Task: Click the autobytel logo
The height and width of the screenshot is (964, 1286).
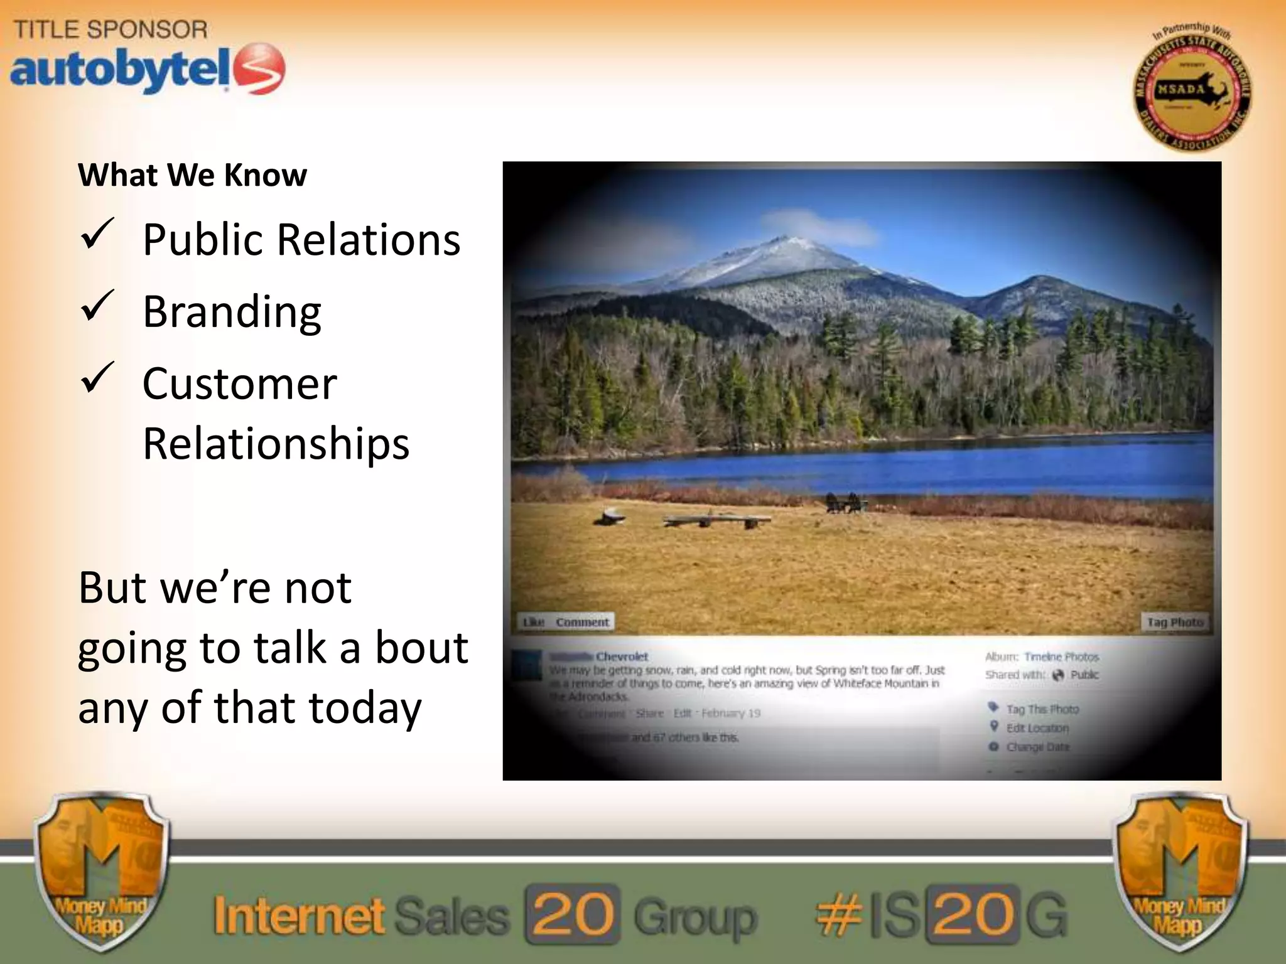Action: click(x=148, y=69)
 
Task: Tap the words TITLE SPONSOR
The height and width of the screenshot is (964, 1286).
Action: click(x=111, y=29)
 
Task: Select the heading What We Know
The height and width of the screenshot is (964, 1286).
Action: click(x=192, y=175)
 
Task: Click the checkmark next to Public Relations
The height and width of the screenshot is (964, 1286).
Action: click(x=97, y=235)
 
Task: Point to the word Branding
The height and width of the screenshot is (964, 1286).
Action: click(x=232, y=311)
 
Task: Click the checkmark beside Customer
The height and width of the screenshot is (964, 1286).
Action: click(x=97, y=378)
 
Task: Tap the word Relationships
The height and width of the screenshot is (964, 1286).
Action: click(x=276, y=444)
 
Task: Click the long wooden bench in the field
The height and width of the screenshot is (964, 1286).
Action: click(x=716, y=520)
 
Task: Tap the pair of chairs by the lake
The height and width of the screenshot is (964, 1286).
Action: click(x=843, y=502)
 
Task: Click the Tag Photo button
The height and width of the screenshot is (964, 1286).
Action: click(x=1174, y=622)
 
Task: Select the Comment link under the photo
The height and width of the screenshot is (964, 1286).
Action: click(x=582, y=622)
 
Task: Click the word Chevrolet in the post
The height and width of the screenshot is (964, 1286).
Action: click(x=622, y=656)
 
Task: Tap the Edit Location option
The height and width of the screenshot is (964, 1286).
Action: click(x=1037, y=728)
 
